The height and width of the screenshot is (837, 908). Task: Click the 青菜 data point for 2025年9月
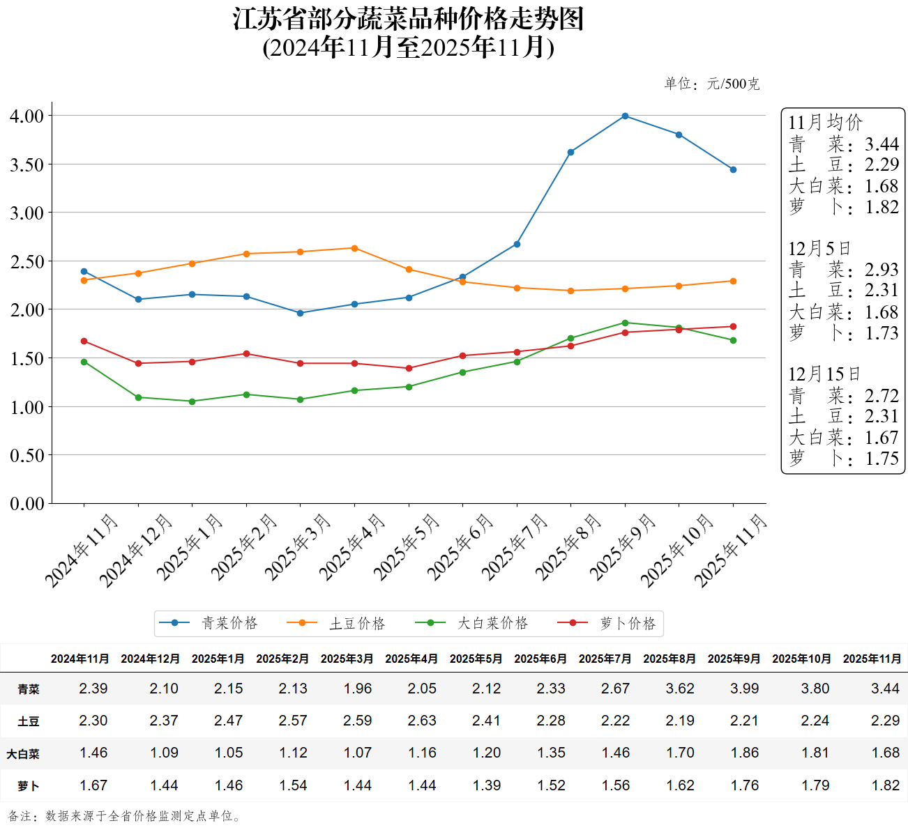[x=625, y=116]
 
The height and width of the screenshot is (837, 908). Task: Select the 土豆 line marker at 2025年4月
[x=354, y=248]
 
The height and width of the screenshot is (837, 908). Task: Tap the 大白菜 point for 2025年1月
[x=192, y=401]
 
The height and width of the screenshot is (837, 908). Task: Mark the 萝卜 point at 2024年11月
[x=84, y=341]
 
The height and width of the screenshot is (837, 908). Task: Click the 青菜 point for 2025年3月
[x=301, y=313]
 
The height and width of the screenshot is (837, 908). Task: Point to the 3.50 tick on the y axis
[x=27, y=164]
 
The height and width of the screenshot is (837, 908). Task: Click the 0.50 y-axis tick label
[x=27, y=455]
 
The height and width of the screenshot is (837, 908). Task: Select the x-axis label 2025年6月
[x=460, y=547]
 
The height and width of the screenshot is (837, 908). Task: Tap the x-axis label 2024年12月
[x=136, y=551]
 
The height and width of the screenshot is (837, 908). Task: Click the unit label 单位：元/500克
[x=711, y=84]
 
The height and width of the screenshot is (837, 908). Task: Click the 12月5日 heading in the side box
[x=819, y=249]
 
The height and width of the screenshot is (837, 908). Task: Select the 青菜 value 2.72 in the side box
[x=881, y=396]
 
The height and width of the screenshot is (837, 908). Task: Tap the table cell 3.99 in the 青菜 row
[x=744, y=689]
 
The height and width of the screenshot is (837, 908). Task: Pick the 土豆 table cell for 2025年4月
[x=422, y=721]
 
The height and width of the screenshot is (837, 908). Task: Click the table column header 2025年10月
[x=801, y=659]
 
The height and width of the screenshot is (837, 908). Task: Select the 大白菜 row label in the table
[x=23, y=753]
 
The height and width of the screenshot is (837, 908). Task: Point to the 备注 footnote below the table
[x=126, y=816]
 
